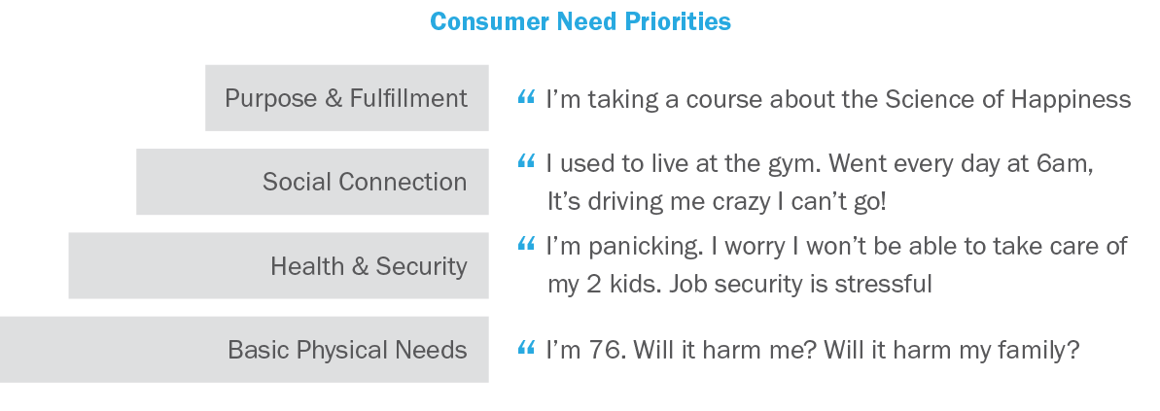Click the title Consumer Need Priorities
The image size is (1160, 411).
point(580,21)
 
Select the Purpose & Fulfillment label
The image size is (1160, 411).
point(346,98)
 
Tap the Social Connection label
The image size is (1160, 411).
point(365,182)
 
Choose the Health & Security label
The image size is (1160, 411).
point(369,266)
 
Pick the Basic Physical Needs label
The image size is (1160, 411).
point(347,350)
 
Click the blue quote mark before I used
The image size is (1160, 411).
point(526,161)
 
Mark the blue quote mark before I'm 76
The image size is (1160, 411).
point(526,347)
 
